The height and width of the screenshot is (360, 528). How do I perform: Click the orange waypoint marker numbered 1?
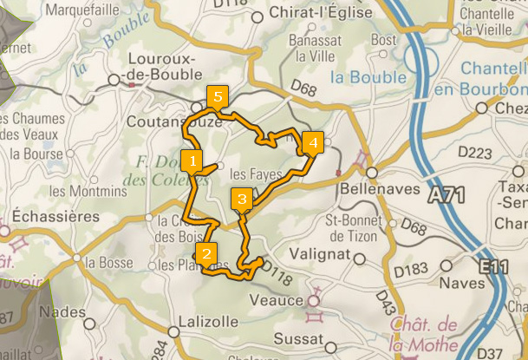coord(195,160)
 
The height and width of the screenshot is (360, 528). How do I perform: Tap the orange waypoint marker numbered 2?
coord(205,254)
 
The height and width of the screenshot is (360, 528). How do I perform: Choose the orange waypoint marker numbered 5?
coord(216,96)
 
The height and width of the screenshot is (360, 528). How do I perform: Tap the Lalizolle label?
coord(206,321)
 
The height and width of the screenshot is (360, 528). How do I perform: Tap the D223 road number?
coord(474,153)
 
